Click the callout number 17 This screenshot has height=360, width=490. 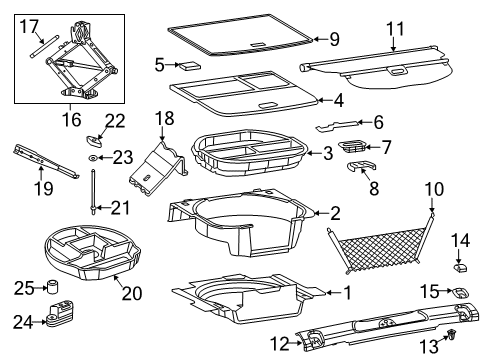click(x=29, y=25)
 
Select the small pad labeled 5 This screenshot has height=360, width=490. click(x=187, y=64)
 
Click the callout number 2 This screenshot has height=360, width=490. click(x=335, y=211)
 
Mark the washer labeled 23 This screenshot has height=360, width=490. click(x=93, y=158)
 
